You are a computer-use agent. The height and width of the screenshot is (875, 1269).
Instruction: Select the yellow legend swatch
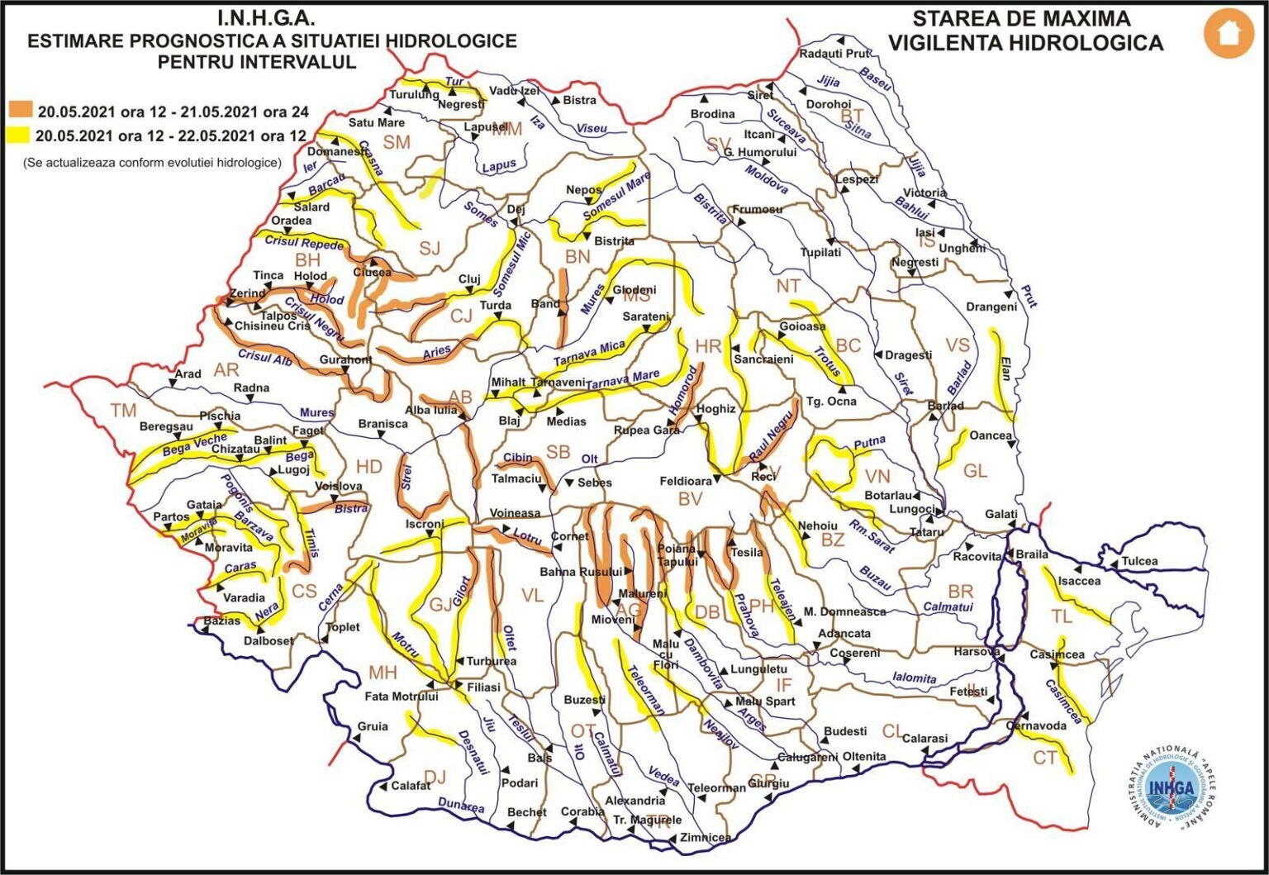click(21, 136)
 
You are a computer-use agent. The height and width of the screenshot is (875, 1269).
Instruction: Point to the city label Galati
click(1000, 514)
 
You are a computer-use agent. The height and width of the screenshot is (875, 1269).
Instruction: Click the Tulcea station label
click(1139, 562)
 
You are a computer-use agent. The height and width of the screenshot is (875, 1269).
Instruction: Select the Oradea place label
click(292, 221)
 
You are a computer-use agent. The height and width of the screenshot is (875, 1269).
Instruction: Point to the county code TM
click(123, 410)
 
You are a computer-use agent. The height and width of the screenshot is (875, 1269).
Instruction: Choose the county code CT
click(1045, 758)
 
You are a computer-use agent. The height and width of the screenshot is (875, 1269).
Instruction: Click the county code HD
click(368, 467)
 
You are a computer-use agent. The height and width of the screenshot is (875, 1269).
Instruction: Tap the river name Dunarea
click(461, 805)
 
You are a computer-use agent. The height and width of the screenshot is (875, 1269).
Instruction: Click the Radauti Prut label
click(834, 54)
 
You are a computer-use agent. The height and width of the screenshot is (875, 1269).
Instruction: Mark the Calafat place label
click(411, 786)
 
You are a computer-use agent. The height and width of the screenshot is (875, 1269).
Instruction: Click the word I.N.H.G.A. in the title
click(266, 18)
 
